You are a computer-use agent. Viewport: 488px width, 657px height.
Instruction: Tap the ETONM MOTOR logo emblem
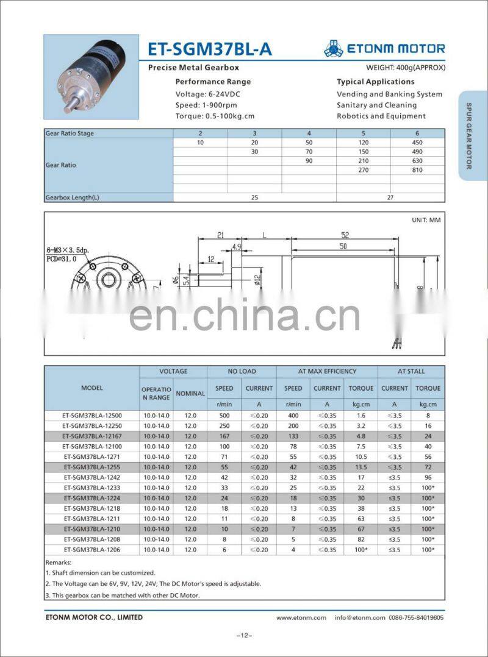(x=333, y=48)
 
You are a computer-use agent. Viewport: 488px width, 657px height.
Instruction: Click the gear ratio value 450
(x=418, y=143)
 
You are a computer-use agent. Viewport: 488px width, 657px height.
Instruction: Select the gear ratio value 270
(x=364, y=170)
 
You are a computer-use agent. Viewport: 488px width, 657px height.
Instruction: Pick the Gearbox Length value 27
(x=390, y=197)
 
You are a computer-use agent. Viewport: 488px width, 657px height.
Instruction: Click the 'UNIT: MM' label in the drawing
(x=426, y=219)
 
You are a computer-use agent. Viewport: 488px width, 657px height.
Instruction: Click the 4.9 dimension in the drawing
(x=237, y=247)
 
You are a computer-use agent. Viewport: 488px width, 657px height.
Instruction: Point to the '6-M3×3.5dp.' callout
(x=67, y=250)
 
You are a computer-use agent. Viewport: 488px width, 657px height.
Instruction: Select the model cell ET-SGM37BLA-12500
(x=91, y=415)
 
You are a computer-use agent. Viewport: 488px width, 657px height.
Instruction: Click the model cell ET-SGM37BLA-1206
(x=91, y=550)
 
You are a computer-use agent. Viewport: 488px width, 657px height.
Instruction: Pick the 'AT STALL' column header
(x=411, y=371)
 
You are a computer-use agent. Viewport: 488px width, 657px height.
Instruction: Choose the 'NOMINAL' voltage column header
(x=190, y=393)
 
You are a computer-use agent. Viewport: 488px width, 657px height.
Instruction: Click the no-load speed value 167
(x=224, y=436)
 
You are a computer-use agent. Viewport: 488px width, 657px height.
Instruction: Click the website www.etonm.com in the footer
(x=301, y=617)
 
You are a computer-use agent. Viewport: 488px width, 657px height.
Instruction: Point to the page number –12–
(x=244, y=636)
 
